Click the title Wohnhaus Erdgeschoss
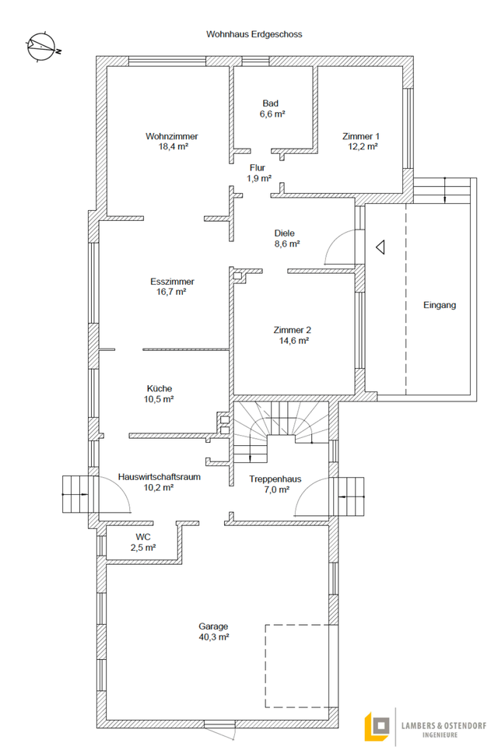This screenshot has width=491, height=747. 254,34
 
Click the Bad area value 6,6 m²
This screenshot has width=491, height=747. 272,114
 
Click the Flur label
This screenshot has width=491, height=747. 258,167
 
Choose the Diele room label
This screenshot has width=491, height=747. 285,233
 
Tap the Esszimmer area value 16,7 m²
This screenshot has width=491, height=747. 172,293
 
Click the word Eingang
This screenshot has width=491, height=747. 440,305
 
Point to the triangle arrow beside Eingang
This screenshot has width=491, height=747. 380,247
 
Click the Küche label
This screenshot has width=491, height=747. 160,388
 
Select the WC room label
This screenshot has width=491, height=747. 143,537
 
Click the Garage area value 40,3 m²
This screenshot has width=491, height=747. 213,637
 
